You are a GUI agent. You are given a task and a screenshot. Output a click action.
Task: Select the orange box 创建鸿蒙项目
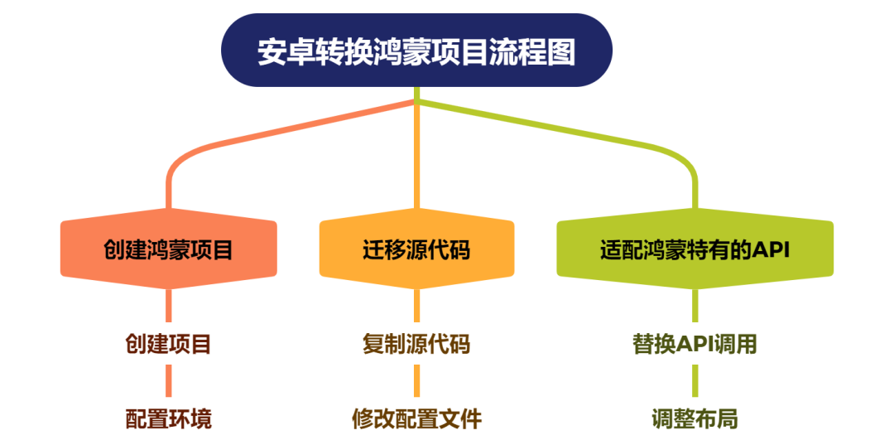pyautogui.click(x=169, y=249)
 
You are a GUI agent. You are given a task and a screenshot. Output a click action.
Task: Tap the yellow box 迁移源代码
pyautogui.click(x=416, y=249)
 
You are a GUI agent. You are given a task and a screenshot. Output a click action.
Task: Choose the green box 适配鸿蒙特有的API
pyautogui.click(x=695, y=249)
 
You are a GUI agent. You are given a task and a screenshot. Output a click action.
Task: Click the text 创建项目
pyautogui.click(x=169, y=344)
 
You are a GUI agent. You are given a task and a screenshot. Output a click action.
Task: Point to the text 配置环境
pyautogui.click(x=169, y=418)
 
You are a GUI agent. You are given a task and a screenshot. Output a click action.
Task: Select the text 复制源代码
pyautogui.click(x=416, y=344)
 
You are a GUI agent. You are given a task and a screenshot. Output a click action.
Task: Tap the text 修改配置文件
pyautogui.click(x=416, y=418)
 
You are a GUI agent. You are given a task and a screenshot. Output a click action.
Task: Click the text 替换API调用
pyautogui.click(x=695, y=344)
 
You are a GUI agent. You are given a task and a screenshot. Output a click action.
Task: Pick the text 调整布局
pyautogui.click(x=695, y=418)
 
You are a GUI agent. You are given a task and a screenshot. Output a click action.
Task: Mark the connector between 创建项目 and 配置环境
pyautogui.click(x=169, y=381)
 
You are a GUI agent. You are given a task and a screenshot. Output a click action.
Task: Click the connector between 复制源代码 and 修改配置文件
pyautogui.click(x=416, y=381)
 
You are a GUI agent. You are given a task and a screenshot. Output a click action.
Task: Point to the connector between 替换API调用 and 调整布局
pyautogui.click(x=695, y=381)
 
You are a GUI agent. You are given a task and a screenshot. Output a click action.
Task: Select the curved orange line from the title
pyautogui.click(x=248, y=138)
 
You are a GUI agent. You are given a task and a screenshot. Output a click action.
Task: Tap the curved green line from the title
pyautogui.click(x=579, y=133)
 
